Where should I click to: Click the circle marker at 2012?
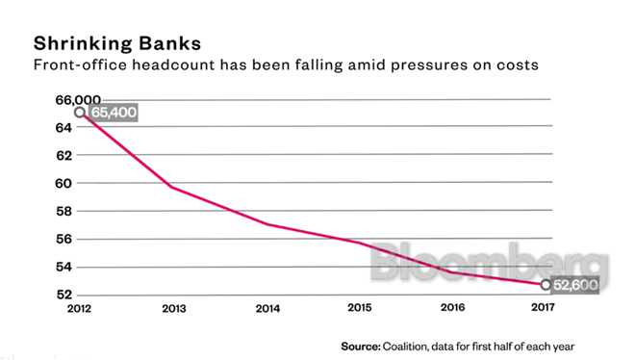click(80, 113)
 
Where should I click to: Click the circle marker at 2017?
click(546, 285)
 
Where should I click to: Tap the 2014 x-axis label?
click(267, 311)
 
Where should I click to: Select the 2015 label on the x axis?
click(360, 311)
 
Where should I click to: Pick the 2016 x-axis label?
click(452, 311)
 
